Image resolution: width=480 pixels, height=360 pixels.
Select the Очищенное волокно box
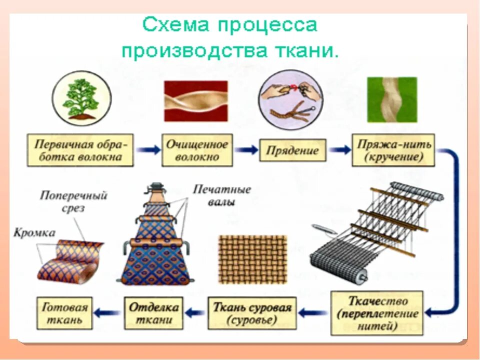pos(196,150)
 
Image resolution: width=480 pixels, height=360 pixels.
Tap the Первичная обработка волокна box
pos(80,150)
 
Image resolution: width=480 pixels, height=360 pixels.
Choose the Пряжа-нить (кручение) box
pos(393,150)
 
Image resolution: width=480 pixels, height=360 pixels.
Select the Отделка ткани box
pos(153,313)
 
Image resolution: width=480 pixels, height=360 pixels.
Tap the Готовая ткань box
pos(65,313)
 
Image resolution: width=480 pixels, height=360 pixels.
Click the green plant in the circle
pos(80,98)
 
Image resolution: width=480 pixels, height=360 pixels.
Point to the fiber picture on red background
pos(196,100)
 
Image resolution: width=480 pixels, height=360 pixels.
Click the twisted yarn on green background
pos(392,99)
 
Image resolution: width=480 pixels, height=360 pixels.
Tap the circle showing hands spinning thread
pos(286,98)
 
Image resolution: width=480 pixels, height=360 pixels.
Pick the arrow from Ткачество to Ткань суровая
pos(314,313)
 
